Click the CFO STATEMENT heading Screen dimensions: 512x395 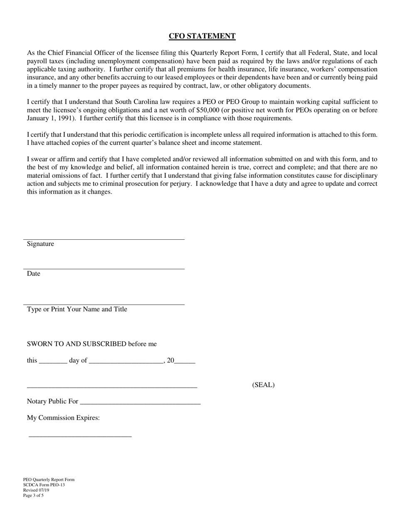tap(202, 36)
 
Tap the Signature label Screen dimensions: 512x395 tap(40, 244)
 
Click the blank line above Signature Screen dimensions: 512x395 tap(104, 239)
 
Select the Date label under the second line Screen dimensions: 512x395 tap(34, 273)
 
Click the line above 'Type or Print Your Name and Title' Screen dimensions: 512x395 tap(104, 305)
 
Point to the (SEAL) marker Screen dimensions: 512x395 tap(263, 385)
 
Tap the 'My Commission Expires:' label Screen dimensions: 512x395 tap(63, 418)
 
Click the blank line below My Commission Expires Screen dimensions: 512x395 tap(80, 436)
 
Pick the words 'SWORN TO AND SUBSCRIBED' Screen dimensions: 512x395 tap(77, 344)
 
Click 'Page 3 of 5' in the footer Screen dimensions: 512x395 tap(33, 496)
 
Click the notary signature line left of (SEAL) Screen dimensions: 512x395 tap(112, 388)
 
